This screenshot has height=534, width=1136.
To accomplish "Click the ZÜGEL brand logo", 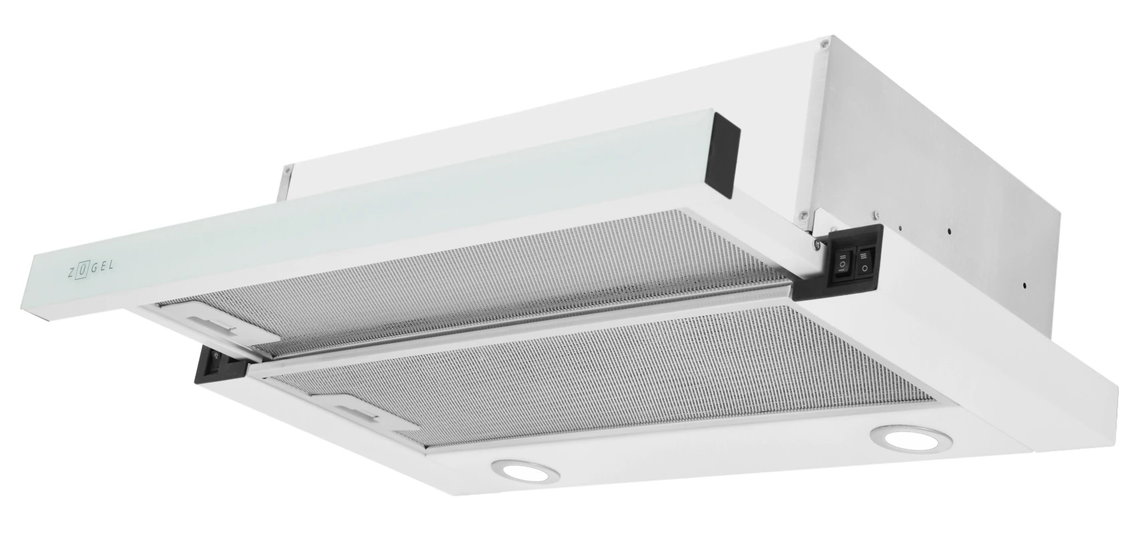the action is (x=91, y=269).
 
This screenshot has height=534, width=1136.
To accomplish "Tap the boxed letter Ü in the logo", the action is (x=83, y=270).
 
